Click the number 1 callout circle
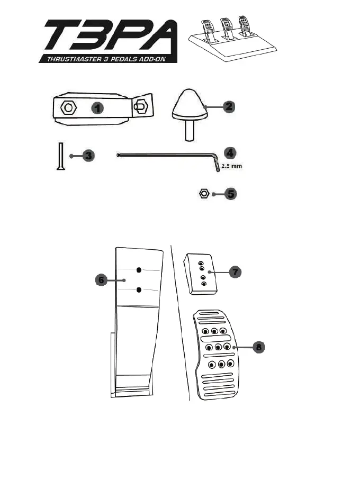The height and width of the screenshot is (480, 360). pyautogui.click(x=97, y=107)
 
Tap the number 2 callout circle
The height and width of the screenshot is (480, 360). pyautogui.click(x=228, y=106)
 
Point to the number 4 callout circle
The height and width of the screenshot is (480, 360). pyautogui.click(x=229, y=153)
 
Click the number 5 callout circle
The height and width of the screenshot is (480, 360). pyautogui.click(x=230, y=194)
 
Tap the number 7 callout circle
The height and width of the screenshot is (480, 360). pyautogui.click(x=235, y=271)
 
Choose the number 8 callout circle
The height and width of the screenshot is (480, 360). pyautogui.click(x=258, y=347)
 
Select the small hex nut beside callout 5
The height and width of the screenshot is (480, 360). pyautogui.click(x=204, y=194)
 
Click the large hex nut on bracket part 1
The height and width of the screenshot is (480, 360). pyautogui.click(x=68, y=107)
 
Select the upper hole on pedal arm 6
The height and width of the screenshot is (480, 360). pyautogui.click(x=139, y=270)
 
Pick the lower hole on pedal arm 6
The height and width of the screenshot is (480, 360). pyautogui.click(x=139, y=289)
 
